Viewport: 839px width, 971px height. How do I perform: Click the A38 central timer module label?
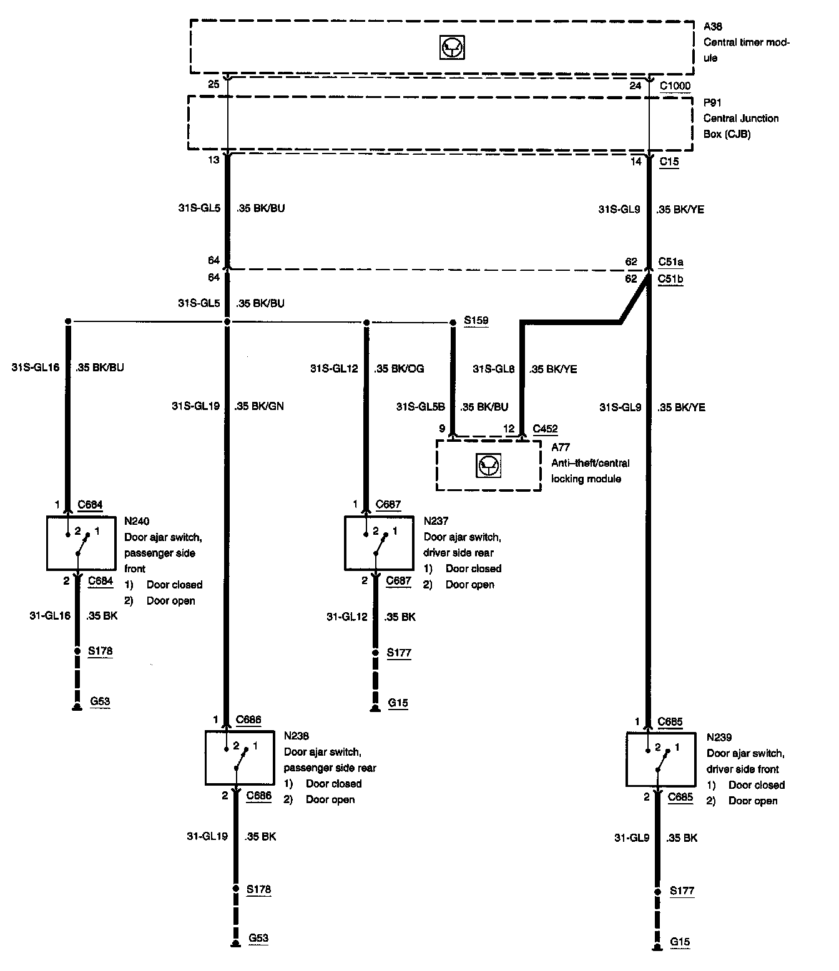click(713, 27)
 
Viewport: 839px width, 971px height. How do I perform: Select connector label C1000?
click(675, 85)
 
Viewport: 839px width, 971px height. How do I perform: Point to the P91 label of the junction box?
click(712, 102)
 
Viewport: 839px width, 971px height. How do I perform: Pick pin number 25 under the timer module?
click(213, 84)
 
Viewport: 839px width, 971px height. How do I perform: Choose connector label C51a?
click(670, 262)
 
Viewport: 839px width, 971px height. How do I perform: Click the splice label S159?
click(476, 321)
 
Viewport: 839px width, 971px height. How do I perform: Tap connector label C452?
click(545, 429)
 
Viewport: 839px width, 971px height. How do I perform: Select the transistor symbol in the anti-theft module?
click(488, 465)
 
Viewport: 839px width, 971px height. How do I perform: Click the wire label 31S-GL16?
click(36, 368)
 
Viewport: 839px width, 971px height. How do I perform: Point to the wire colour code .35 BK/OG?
click(399, 369)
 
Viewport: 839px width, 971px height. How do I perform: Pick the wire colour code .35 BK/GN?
click(259, 406)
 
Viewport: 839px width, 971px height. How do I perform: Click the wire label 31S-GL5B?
click(421, 407)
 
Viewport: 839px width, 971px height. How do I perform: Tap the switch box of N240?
click(82, 543)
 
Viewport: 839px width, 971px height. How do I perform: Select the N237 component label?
click(436, 520)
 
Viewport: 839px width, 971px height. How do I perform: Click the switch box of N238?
click(240, 758)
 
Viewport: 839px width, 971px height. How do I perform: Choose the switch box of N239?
click(660, 759)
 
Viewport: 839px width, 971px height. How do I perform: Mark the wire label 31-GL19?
click(207, 836)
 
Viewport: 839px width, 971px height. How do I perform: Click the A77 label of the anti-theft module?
click(561, 447)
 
